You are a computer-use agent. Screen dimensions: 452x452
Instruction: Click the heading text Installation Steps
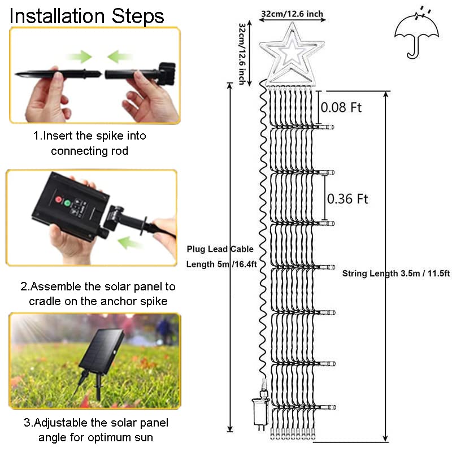(87, 15)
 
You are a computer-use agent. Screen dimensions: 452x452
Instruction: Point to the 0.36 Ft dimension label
(347, 198)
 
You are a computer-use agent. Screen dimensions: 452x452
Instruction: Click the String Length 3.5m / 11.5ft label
(396, 273)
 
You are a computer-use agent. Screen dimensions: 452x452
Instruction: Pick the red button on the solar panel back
(57, 201)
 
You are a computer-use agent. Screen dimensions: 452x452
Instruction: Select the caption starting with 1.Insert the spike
(89, 144)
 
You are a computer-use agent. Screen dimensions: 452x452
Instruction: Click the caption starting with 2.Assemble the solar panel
(98, 294)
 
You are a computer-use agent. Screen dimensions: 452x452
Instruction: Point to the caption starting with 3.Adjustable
(95, 429)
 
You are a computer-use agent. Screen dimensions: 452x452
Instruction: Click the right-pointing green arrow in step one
(79, 56)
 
